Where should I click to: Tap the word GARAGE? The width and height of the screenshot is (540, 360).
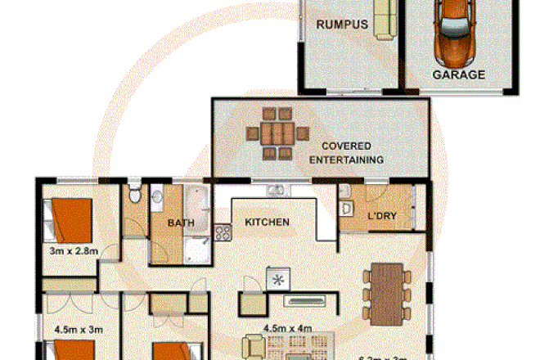tap(459, 74)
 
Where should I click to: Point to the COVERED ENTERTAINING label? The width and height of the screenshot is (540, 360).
tap(346, 153)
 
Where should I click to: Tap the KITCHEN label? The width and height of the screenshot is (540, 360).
tap(268, 222)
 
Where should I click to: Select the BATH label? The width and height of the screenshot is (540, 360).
tap(180, 223)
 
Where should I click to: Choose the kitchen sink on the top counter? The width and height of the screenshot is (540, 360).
tap(276, 191)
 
